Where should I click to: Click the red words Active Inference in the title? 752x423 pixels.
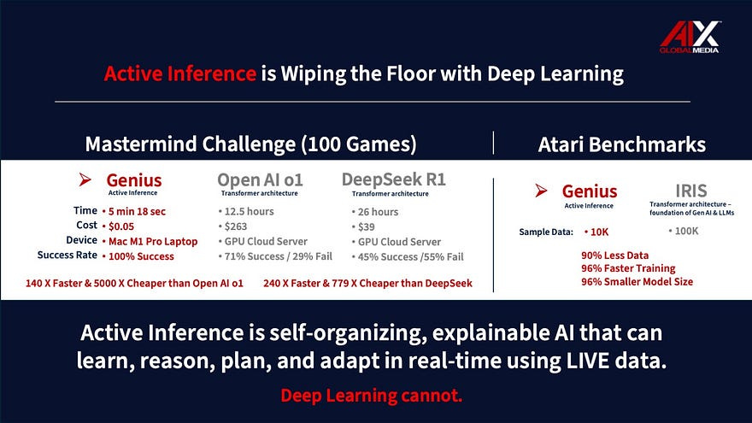[179, 74]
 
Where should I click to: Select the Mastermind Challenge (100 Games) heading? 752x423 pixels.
[250, 144]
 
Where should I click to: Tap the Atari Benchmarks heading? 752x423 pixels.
[621, 144]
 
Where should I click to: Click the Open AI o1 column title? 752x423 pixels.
[260, 180]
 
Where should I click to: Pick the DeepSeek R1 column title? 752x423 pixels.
[393, 180]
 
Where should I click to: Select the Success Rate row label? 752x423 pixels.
[67, 256]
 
